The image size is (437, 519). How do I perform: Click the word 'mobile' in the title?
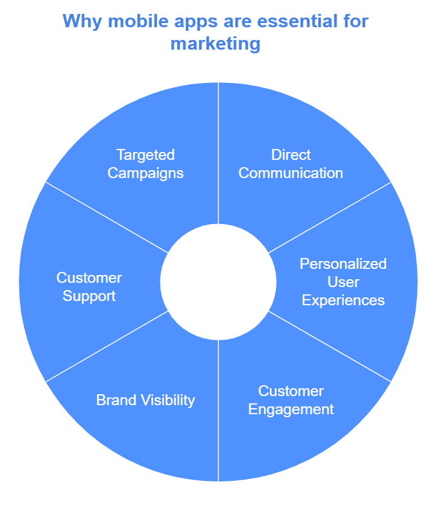(124, 21)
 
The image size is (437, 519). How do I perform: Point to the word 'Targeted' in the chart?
(145, 154)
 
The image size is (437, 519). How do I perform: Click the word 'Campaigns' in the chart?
(145, 173)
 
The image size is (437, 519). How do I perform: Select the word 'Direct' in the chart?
(291, 154)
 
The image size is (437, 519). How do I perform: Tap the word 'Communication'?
(291, 173)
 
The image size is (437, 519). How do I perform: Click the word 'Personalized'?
(343, 264)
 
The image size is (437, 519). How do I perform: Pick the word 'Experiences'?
(343, 300)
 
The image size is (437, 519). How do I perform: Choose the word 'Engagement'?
(291, 409)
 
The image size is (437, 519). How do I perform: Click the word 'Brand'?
(116, 400)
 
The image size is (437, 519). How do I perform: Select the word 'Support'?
(89, 297)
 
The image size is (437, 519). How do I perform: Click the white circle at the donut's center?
(218, 282)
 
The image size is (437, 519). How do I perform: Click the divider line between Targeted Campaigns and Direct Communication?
(218, 151)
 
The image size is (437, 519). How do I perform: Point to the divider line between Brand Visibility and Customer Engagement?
(218, 412)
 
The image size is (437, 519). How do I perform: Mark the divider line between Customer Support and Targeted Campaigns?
(106, 217)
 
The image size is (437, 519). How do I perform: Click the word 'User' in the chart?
(343, 282)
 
